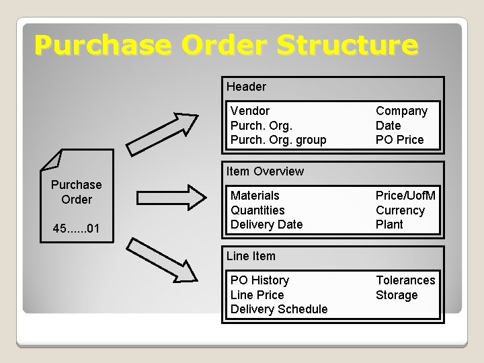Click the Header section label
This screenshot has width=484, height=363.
coord(246,87)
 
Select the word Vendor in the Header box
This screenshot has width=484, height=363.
coord(249,111)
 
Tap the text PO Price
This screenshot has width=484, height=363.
coord(399,140)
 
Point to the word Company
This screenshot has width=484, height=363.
coord(401,111)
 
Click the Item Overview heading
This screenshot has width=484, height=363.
coord(265,171)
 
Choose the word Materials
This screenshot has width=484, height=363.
coord(255,196)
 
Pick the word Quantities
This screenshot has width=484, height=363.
coord(257,210)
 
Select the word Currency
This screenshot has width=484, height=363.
coord(400,210)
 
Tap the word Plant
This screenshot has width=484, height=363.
coord(389,225)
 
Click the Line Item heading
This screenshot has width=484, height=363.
coord(251,256)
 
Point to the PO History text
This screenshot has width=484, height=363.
coord(259,280)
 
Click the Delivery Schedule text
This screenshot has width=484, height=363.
coord(279,309)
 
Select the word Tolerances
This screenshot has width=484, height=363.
coord(405,280)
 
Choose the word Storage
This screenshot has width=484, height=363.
coord(397,295)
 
